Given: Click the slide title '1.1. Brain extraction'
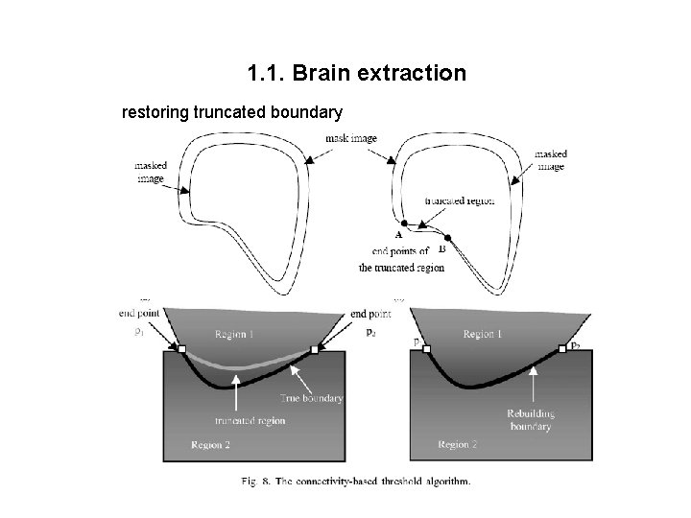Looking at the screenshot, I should click(356, 73).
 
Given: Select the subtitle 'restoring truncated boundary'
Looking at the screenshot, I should click(231, 113).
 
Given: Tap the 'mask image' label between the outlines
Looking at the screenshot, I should click(350, 138).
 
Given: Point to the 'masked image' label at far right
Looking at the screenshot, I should click(550, 159).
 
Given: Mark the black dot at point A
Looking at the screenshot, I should click(404, 223).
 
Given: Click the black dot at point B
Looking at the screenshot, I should click(446, 236).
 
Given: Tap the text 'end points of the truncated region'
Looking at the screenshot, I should click(401, 261).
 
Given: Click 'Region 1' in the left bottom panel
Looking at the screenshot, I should click(235, 335).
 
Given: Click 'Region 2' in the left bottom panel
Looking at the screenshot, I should click(210, 444).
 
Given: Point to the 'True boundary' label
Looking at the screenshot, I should click(311, 397).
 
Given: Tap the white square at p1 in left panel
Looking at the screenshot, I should click(181, 349).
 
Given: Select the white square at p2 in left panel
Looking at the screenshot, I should click(314, 349).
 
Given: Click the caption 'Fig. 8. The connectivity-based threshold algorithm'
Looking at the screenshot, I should click(355, 482).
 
